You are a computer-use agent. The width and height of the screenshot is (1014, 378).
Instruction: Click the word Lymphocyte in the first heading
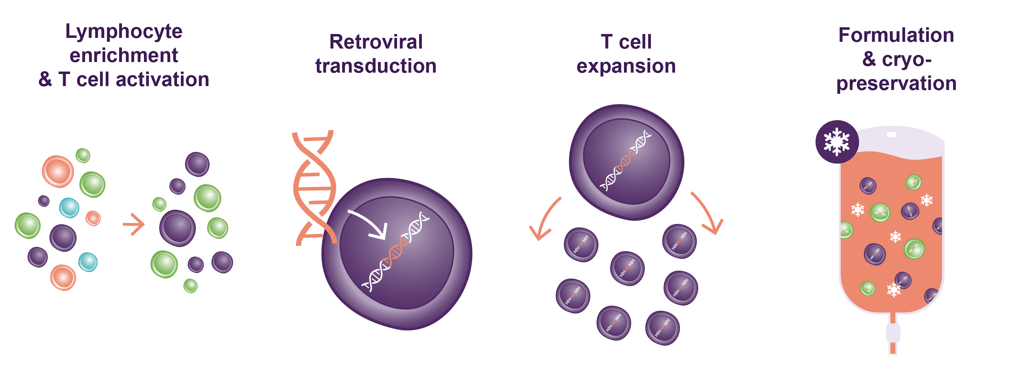[x=124, y=32]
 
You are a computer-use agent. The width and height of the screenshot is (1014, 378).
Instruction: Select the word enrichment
[x=124, y=56]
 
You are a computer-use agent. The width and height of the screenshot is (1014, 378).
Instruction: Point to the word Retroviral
[x=375, y=42]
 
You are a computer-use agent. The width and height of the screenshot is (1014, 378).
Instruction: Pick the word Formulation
[x=896, y=35]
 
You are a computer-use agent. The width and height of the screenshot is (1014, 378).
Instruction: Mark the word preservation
[x=896, y=83]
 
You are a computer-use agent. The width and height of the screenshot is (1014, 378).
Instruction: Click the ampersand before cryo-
[x=869, y=59]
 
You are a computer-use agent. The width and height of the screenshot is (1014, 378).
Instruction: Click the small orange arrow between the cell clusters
[x=134, y=224]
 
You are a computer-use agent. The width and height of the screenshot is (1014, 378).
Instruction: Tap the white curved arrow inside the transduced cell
[x=370, y=224]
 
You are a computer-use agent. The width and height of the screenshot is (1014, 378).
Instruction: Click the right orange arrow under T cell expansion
[x=708, y=214]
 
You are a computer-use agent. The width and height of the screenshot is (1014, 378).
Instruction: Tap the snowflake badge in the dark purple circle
[x=836, y=142]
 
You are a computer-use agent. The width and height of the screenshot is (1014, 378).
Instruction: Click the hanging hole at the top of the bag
[x=891, y=135]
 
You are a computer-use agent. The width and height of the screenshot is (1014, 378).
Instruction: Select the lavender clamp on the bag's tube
[x=893, y=333]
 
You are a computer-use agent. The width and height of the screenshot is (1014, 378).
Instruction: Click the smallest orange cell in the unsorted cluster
[x=93, y=218]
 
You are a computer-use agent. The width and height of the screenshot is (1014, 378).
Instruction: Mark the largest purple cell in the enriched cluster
[x=178, y=228]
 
